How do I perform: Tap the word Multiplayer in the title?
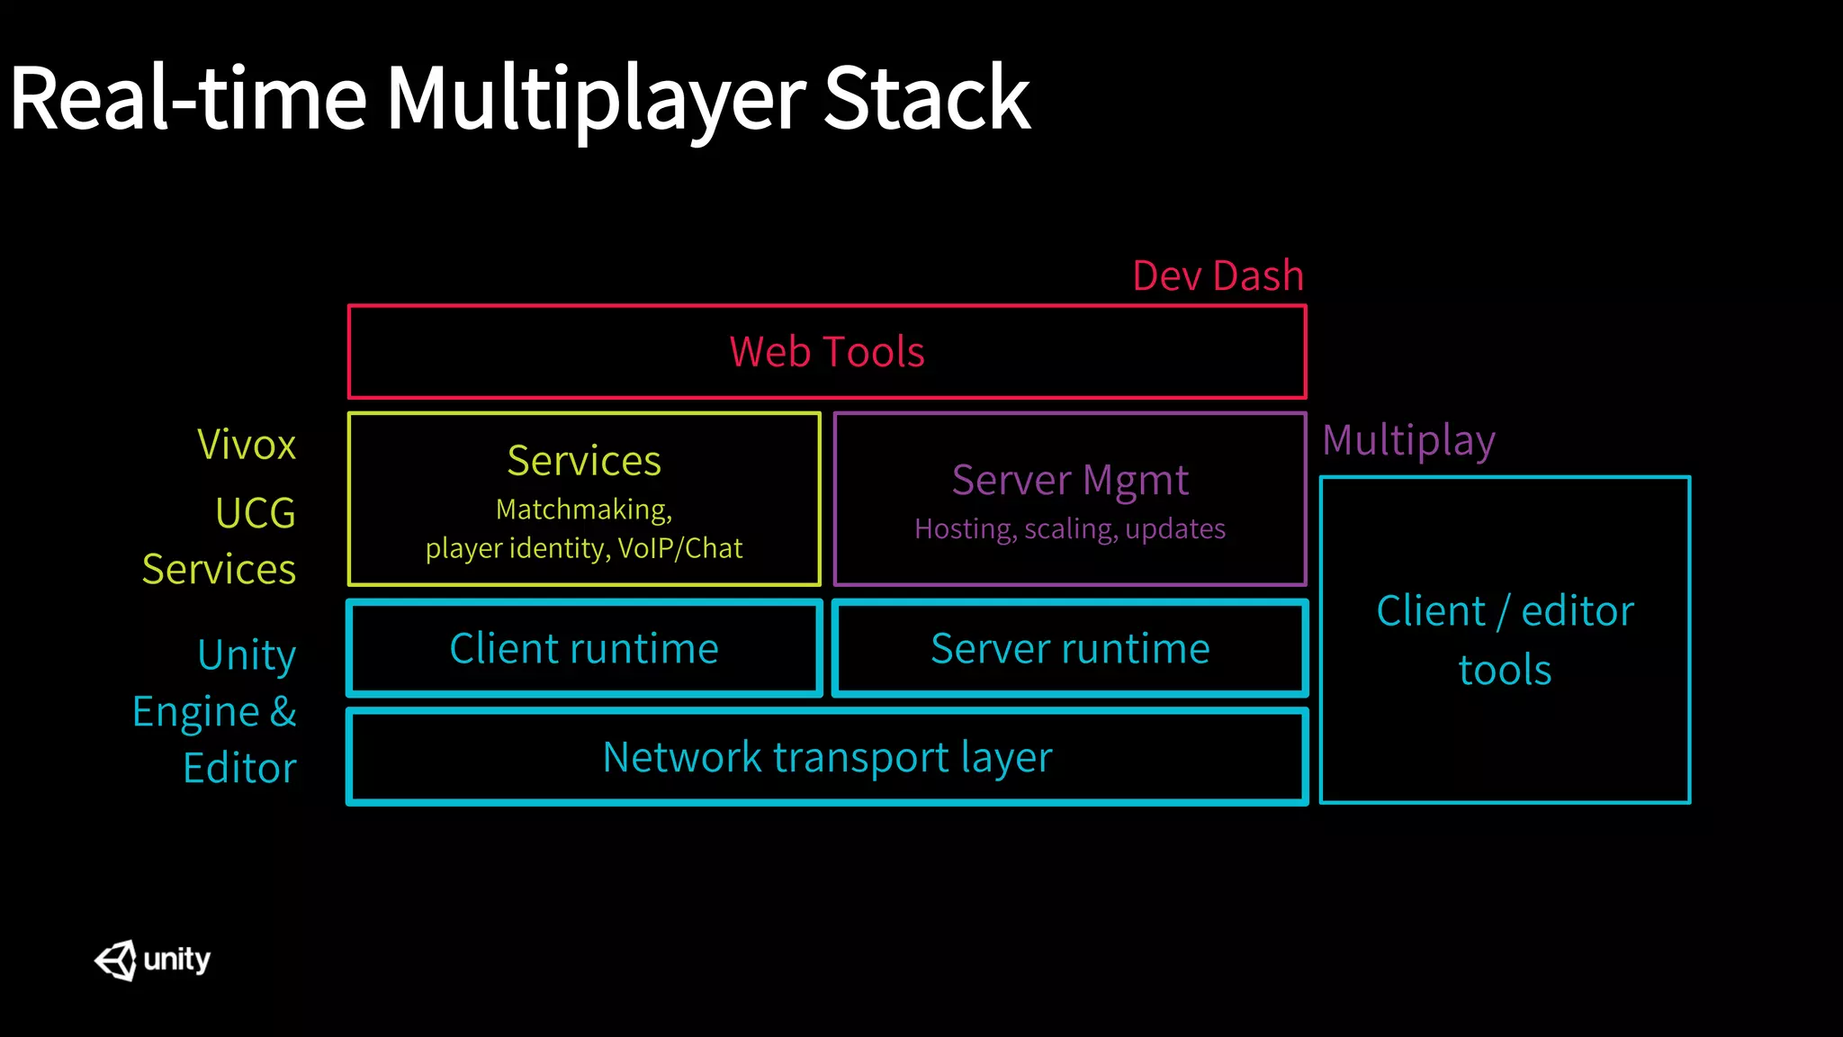(596, 99)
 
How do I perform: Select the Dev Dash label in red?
(1218, 275)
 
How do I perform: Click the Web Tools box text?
(827, 352)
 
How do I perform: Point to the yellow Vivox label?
(247, 445)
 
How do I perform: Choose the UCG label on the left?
(256, 514)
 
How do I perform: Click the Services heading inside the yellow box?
(584, 461)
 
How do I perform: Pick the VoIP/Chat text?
(680, 548)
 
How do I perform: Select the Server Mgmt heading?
(1070, 480)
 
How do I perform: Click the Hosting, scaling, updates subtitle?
(1070, 528)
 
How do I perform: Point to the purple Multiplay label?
(1408, 441)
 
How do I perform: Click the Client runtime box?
(584, 649)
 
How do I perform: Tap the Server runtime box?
(1070, 649)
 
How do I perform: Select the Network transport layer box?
(827, 757)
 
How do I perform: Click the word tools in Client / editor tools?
(1505, 671)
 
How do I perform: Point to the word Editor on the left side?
(239, 769)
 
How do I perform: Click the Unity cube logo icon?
(116, 960)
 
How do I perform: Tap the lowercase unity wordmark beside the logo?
(177, 960)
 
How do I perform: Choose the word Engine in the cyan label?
(196, 712)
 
